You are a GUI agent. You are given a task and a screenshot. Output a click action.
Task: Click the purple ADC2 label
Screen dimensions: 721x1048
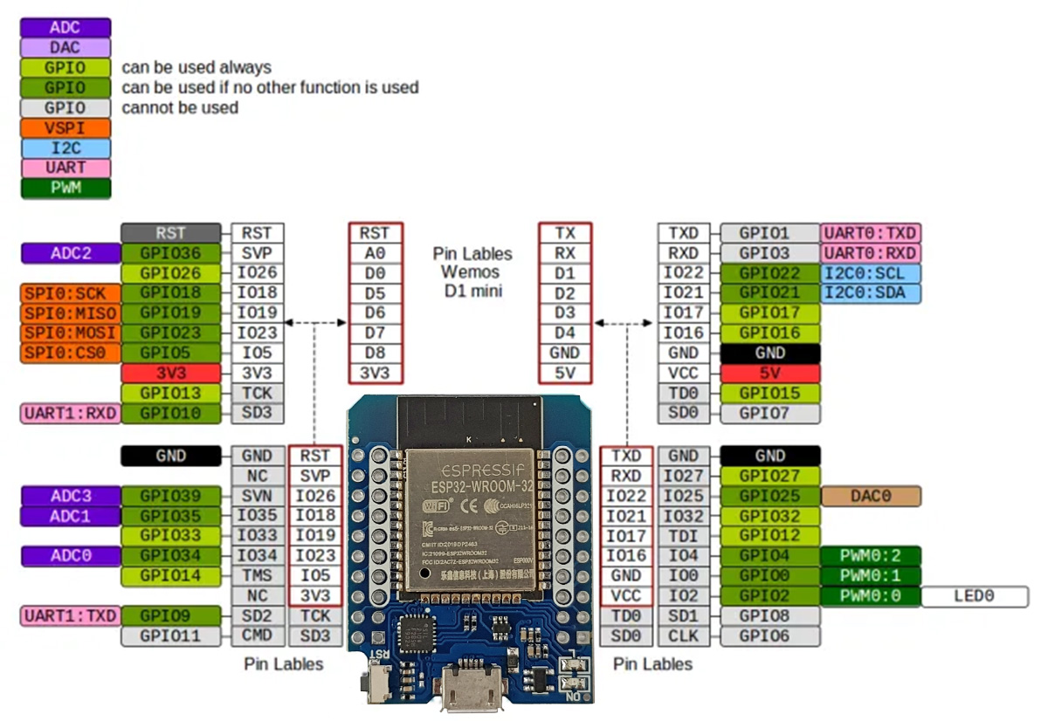pyautogui.click(x=71, y=253)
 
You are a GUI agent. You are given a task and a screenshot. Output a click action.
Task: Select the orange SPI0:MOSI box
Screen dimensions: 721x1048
pyautogui.click(x=71, y=333)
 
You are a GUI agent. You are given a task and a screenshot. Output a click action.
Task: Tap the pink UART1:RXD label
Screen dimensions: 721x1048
pyautogui.click(x=71, y=413)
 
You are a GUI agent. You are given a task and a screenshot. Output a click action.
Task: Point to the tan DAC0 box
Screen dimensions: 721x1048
pyautogui.click(x=871, y=496)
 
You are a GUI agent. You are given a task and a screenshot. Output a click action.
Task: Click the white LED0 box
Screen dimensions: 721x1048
pyautogui.click(x=975, y=596)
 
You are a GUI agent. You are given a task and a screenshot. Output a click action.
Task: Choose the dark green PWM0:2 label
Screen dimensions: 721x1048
pyautogui.click(x=871, y=556)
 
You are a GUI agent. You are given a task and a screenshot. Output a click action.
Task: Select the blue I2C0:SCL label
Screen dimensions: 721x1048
pyautogui.click(x=871, y=273)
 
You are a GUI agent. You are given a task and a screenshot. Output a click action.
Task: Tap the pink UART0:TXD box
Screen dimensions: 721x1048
pyautogui.click(x=871, y=233)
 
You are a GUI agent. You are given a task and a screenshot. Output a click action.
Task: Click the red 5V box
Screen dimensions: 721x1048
pyautogui.click(x=770, y=373)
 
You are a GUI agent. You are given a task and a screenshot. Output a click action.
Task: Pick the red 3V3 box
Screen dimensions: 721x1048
pyautogui.click(x=171, y=373)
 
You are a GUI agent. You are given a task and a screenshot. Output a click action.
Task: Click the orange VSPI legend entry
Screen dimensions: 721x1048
pyautogui.click(x=65, y=127)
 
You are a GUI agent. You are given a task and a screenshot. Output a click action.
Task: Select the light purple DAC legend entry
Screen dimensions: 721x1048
pyautogui.click(x=65, y=47)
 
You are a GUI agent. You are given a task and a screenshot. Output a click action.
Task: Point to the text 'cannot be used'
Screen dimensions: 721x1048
pyautogui.click(x=180, y=108)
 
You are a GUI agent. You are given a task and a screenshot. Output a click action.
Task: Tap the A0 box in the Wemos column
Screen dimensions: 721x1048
pyautogui.click(x=376, y=253)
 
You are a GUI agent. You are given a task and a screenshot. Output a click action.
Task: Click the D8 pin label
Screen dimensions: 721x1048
pyautogui.click(x=376, y=354)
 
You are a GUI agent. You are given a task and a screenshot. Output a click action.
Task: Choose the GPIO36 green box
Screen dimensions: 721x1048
pyautogui.click(x=171, y=253)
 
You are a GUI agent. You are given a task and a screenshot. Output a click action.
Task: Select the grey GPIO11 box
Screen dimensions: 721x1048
pyautogui.click(x=171, y=635)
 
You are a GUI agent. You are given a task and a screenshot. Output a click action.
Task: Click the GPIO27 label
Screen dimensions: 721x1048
pyautogui.click(x=770, y=476)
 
